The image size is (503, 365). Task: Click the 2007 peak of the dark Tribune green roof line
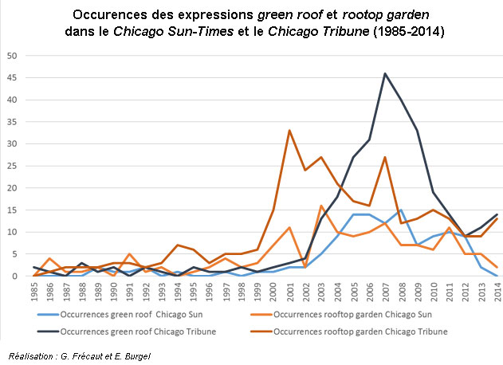pos(385,73)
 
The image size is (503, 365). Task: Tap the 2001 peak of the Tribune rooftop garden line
pos(289,131)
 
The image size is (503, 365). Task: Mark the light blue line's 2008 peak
pos(401,210)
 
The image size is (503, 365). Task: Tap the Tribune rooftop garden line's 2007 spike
pos(385,157)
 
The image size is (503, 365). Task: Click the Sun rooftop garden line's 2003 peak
pos(321,206)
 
